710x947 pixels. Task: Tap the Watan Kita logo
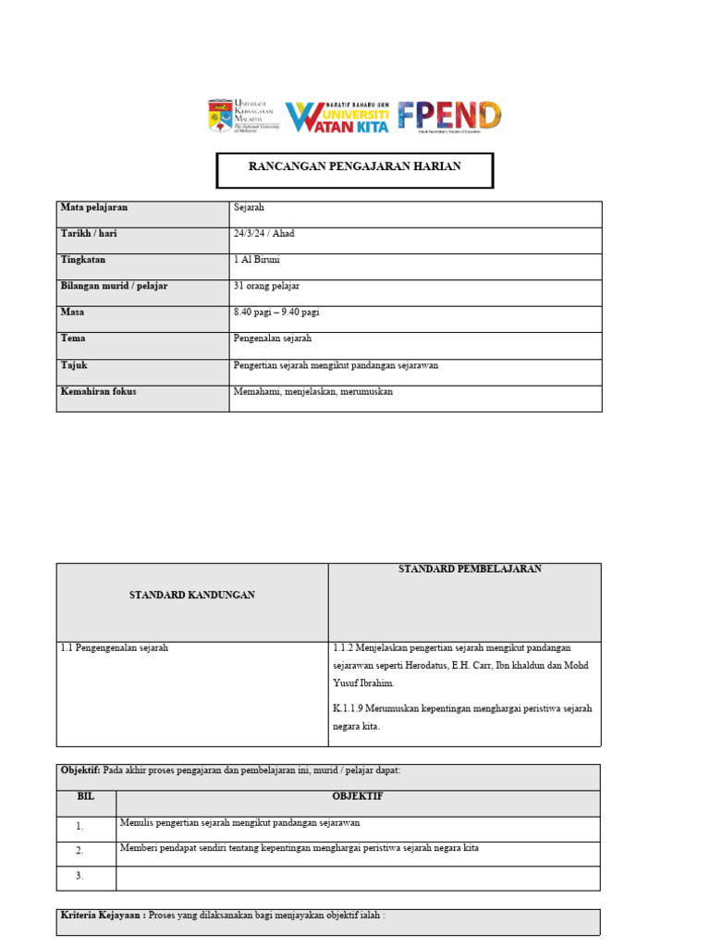337,117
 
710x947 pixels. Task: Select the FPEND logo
449,116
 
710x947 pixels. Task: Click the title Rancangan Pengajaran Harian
355,166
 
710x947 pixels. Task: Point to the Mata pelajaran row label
93,208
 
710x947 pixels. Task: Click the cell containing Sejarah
249,208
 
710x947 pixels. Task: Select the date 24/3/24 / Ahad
264,234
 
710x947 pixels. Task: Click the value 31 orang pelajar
266,287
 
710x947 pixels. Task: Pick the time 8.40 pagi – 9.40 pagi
276,313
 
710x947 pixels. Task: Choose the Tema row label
73,338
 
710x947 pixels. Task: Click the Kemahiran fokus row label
98,391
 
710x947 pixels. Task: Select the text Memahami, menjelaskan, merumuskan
313,391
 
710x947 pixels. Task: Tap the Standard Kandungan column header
191,595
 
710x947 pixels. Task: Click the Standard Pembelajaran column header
470,569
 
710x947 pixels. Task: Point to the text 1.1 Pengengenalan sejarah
114,648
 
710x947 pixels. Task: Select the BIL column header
86,796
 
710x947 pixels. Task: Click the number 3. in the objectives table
80,876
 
